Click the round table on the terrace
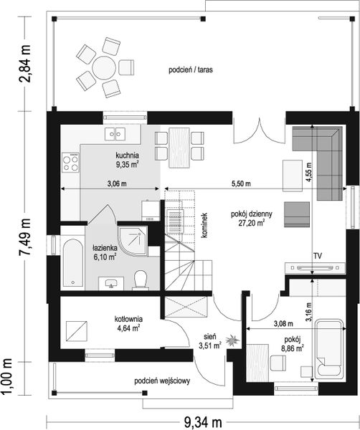(x=103, y=67)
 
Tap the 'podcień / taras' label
(x=191, y=70)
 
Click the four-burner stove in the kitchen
(x=70, y=163)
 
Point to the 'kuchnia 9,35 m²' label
(x=127, y=160)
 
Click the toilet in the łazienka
(x=141, y=280)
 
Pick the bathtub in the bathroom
(x=72, y=263)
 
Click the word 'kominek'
(x=206, y=225)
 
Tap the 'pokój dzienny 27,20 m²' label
(x=251, y=219)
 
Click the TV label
(x=318, y=256)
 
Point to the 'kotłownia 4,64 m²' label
(x=128, y=323)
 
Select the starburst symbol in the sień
(x=232, y=340)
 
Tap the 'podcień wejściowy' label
(x=162, y=381)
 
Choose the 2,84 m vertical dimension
(x=24, y=64)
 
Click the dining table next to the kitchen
(x=179, y=148)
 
